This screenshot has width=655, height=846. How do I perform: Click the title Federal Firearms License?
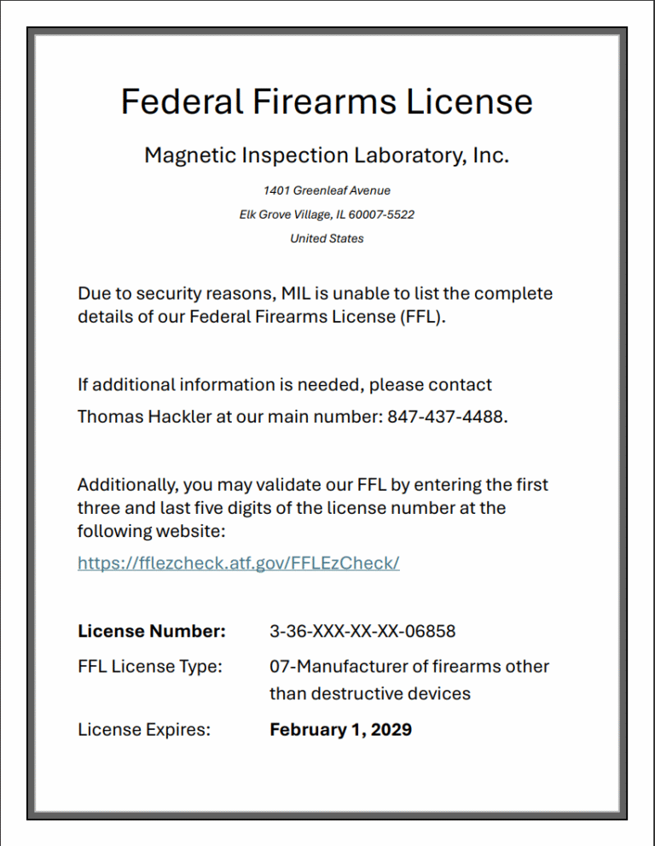(327, 102)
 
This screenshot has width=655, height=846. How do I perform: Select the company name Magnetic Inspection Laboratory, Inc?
(327, 155)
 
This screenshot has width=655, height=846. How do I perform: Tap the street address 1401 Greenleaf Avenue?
(327, 190)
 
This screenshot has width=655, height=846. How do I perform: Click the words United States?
(327, 238)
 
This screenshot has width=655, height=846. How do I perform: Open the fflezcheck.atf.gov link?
(238, 563)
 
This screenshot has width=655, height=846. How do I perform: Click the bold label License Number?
(152, 632)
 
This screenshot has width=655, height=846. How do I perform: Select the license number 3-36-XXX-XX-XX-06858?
(362, 632)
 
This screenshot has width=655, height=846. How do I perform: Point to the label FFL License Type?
(150, 666)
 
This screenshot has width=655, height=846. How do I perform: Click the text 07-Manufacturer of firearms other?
(409, 666)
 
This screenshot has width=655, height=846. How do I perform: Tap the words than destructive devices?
(370, 693)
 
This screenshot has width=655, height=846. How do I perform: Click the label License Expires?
(144, 730)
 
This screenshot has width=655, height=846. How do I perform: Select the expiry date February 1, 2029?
(340, 730)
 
